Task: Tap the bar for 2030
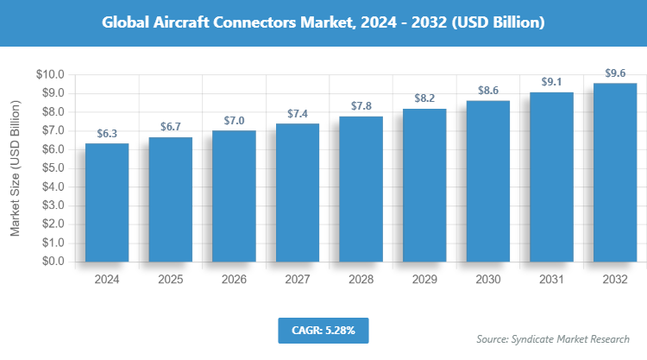coord(488,180)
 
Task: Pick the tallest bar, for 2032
coord(615,172)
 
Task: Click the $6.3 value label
coord(107,133)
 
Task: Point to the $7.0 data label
coord(234,120)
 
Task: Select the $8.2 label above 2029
coord(424,98)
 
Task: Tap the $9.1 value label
coord(551,82)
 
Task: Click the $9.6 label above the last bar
coord(615,73)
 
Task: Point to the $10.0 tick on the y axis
coord(49,74)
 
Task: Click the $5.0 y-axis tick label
coord(52,167)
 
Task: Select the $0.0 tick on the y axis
coord(52,261)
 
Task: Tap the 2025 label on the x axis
coord(171,280)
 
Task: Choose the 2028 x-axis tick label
coord(361,280)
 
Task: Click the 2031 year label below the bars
coord(551,280)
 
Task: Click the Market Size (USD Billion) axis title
coord(16,167)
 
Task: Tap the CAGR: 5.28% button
coord(323,330)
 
